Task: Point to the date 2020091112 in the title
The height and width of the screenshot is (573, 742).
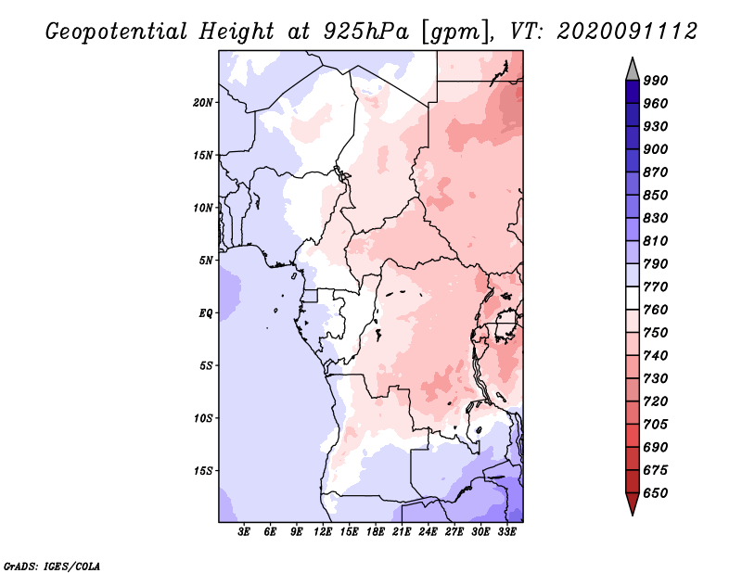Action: (x=626, y=31)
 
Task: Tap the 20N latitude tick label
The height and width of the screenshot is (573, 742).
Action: (x=203, y=102)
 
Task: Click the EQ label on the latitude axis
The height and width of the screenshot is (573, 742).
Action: (x=206, y=312)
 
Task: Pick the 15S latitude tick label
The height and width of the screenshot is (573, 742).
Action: (x=203, y=470)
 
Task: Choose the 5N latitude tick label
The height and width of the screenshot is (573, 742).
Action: (x=206, y=260)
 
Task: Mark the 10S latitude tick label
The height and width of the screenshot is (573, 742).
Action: (x=203, y=417)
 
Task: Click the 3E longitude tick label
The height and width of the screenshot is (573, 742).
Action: (x=245, y=532)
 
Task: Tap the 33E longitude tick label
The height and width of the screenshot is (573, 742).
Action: (x=506, y=532)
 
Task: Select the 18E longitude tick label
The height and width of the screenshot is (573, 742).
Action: (x=376, y=532)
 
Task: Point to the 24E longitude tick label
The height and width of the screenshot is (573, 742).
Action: (x=428, y=532)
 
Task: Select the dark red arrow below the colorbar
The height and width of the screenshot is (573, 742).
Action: (x=633, y=504)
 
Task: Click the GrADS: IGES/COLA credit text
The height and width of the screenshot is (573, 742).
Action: (x=52, y=565)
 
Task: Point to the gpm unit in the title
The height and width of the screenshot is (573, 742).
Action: (x=453, y=31)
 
